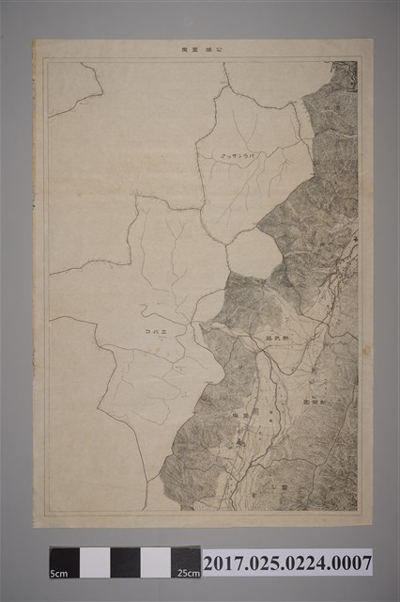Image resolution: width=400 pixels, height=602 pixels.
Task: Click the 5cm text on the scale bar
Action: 58,573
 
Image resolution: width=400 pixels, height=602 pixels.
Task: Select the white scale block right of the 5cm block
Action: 95,562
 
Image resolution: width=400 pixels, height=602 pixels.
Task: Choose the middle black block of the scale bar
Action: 125,562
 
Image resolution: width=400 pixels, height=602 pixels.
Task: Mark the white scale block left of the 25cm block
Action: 156,562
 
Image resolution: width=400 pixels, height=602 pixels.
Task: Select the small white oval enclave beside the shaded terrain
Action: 253,252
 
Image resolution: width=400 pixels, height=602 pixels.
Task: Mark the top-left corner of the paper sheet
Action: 35,40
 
